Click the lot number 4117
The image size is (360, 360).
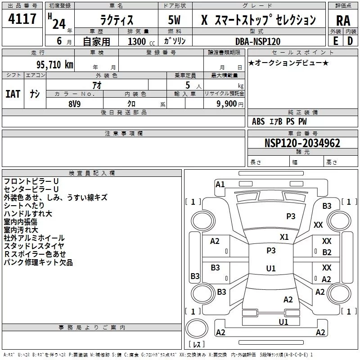pos(22,18)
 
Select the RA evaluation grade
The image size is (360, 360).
pos(343,21)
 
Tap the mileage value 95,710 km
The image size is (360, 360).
pos(54,65)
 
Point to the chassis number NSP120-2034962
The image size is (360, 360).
pos(302,143)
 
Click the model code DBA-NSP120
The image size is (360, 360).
pos(258,41)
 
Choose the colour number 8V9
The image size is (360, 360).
pos(75,104)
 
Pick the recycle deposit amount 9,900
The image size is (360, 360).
pos(227,104)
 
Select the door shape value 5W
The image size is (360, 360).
pos(174,20)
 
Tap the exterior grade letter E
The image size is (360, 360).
pos(335,41)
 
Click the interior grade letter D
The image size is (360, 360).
pos(350,41)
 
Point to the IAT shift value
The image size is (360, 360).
pos(13,94)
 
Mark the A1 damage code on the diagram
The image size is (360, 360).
pos(220,184)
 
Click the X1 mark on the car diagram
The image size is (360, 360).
pos(284,237)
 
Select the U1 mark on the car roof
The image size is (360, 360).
pos(271,268)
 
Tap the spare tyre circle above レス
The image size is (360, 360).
pos(197,328)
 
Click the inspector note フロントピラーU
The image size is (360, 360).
pos(31,181)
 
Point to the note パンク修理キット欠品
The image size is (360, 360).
pos(38,262)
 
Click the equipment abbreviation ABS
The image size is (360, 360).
pos(258,121)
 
